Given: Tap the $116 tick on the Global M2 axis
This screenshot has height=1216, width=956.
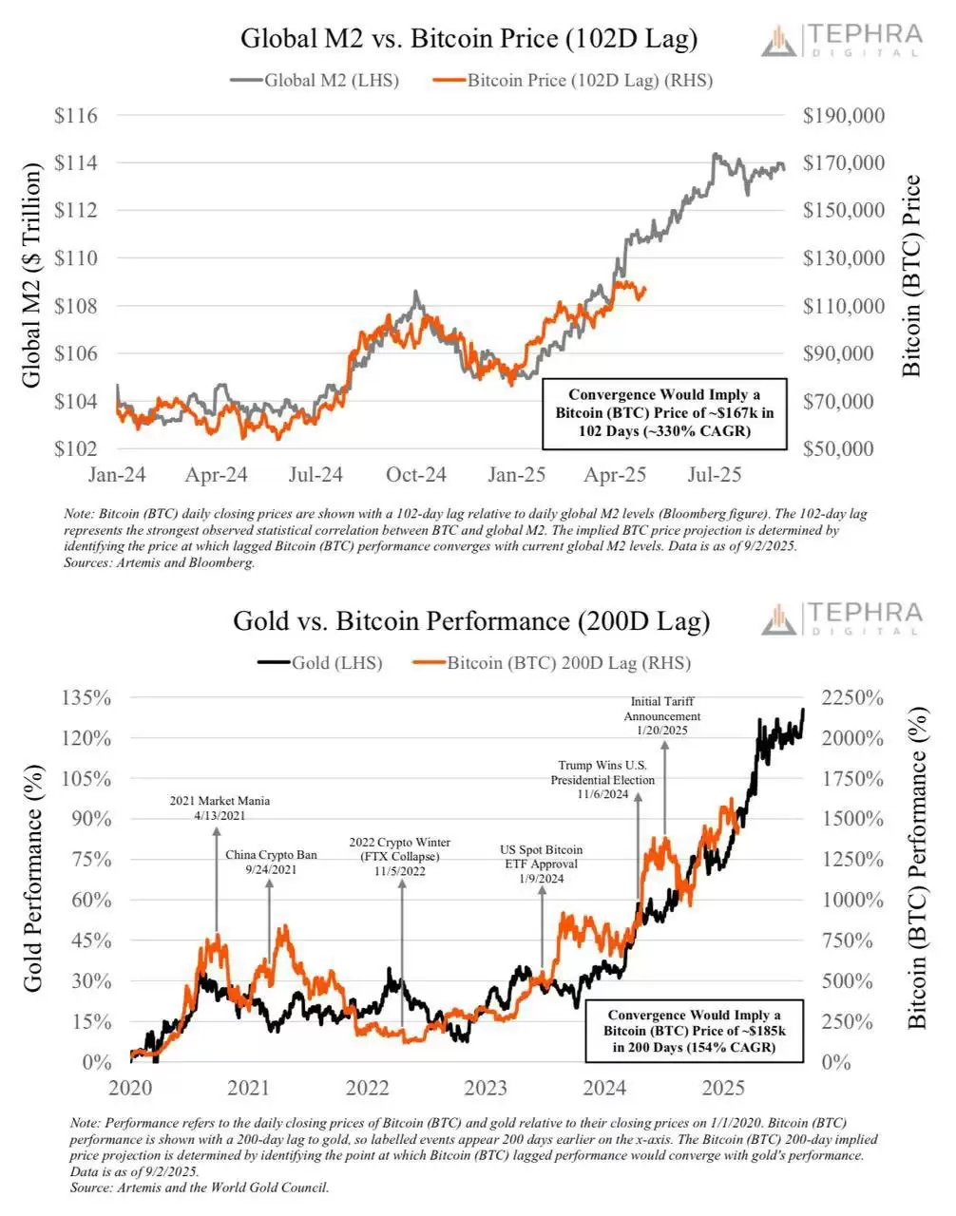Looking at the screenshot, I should point(76,116).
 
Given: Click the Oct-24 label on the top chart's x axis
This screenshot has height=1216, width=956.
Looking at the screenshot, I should point(415,474).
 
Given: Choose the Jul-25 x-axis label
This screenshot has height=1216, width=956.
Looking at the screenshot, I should point(714,474).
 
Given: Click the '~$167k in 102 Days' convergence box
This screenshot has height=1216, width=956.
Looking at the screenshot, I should point(663,413).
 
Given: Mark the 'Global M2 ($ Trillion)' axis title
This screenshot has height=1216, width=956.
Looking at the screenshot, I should point(31,275).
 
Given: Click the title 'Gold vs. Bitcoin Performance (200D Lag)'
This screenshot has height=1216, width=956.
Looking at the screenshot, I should point(471,621).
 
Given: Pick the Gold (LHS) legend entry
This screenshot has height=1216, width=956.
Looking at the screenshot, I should point(320,663).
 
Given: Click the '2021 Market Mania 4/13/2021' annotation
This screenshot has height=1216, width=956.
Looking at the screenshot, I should point(220,808).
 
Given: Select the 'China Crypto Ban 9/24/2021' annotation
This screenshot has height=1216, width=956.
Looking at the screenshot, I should point(271,862).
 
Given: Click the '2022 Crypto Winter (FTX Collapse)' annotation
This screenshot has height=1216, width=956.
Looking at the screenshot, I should point(399,856).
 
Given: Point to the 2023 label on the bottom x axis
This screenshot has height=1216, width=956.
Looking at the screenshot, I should point(486,1087).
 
